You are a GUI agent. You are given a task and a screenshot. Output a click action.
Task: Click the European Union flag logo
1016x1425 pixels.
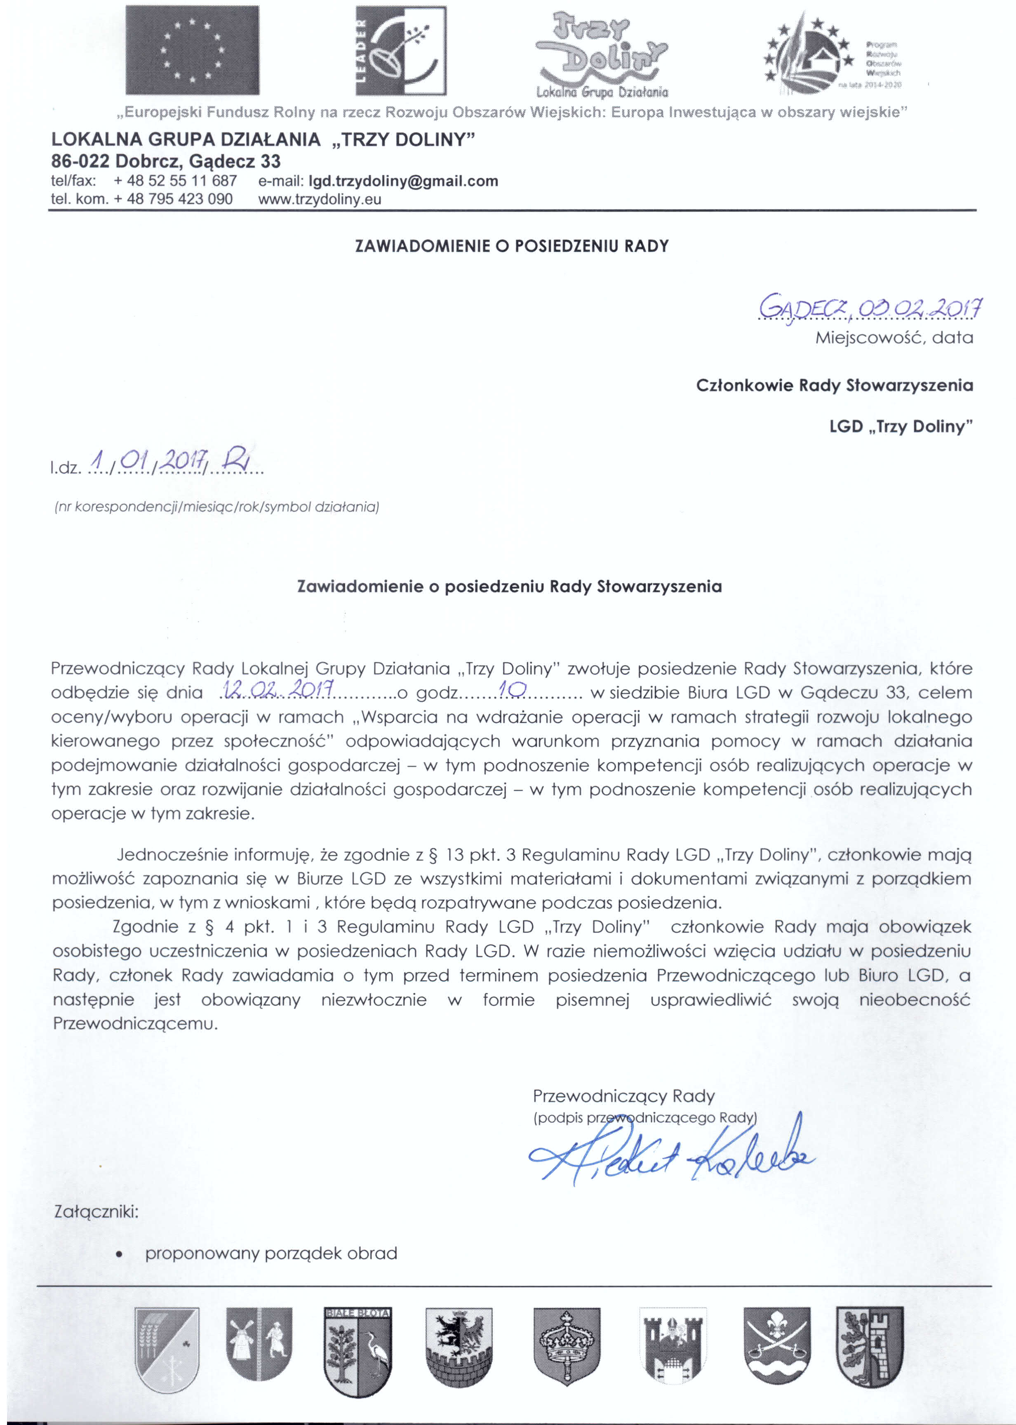(192, 50)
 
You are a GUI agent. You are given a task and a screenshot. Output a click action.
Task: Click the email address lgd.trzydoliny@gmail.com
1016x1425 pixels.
(404, 181)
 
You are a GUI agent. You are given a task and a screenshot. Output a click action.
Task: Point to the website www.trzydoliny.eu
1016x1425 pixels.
(320, 200)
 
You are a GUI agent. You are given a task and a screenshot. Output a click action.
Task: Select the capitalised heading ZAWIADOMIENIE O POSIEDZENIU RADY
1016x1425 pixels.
(512, 246)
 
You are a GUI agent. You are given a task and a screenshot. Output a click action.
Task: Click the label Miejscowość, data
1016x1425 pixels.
(894, 339)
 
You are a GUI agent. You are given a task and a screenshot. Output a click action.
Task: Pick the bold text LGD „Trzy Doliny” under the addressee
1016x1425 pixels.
(901, 427)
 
